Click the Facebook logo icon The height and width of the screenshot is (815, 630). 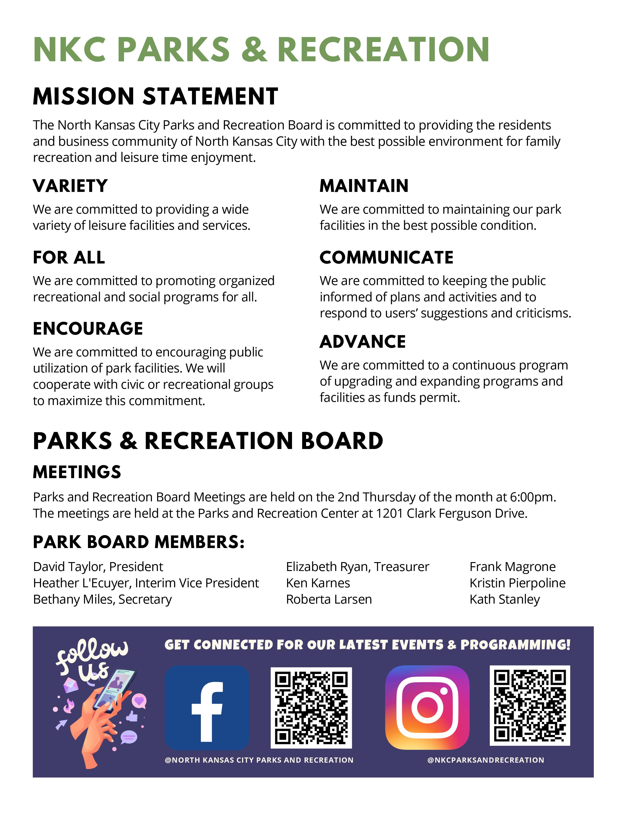click(207, 708)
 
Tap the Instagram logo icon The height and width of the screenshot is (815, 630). click(427, 708)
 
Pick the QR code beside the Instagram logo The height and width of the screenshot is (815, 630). click(530, 706)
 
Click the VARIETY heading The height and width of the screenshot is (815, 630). click(70, 186)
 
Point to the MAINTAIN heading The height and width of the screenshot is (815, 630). click(364, 186)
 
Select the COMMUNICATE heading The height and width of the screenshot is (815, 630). click(386, 258)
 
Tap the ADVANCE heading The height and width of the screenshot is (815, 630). click(362, 342)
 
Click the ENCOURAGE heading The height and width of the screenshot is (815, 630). click(88, 329)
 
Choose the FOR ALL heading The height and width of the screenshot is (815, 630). click(69, 258)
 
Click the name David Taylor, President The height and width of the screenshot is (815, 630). click(98, 567)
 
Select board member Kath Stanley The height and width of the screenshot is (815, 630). click(504, 599)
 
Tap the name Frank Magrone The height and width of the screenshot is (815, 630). click(512, 567)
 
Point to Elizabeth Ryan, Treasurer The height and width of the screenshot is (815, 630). click(357, 567)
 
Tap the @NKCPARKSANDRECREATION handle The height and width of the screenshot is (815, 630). click(485, 760)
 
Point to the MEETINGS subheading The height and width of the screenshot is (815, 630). click(77, 472)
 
